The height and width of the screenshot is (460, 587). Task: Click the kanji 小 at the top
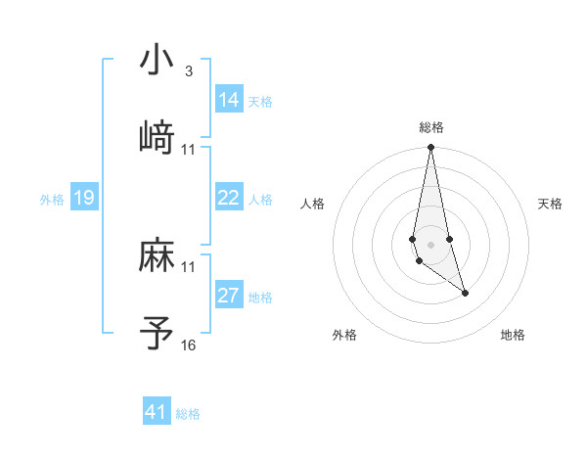[x=157, y=61]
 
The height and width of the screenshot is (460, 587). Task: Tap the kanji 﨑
[x=157, y=138]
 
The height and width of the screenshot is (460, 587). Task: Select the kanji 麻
[x=157, y=256]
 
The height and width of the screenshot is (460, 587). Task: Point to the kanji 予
[x=157, y=334]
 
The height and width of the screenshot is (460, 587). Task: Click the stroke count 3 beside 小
[x=188, y=71]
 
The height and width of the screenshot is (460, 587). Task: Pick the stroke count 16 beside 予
[x=188, y=345]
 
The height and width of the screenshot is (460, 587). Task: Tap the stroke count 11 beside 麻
[x=188, y=267]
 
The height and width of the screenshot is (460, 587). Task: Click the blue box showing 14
[x=229, y=100]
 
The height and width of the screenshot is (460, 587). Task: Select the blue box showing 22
[x=229, y=198]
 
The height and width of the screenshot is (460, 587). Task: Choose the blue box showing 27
[x=229, y=296]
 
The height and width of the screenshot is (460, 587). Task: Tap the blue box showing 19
[x=84, y=199]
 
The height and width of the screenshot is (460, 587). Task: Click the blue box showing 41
[x=157, y=412]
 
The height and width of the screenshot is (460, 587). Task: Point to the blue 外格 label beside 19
[x=52, y=200]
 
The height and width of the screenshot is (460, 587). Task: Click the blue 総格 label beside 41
[x=188, y=414]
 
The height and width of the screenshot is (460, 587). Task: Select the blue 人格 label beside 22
[x=260, y=200]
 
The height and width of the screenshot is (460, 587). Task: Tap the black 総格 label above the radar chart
[x=431, y=127]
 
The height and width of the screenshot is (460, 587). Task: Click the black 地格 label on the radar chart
[x=513, y=336]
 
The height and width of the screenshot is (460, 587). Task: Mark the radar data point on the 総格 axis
[x=430, y=148]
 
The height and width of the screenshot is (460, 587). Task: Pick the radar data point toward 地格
[x=465, y=293]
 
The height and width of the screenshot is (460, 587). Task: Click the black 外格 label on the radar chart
[x=344, y=336]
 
